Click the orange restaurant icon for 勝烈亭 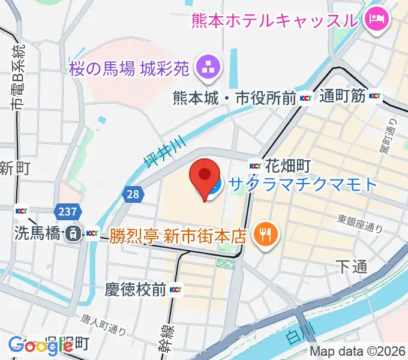click(263, 233)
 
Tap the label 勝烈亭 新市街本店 click(178, 233)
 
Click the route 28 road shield click(133, 194)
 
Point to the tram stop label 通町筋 click(343, 95)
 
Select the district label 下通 click(351, 267)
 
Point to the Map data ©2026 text click(358, 351)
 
